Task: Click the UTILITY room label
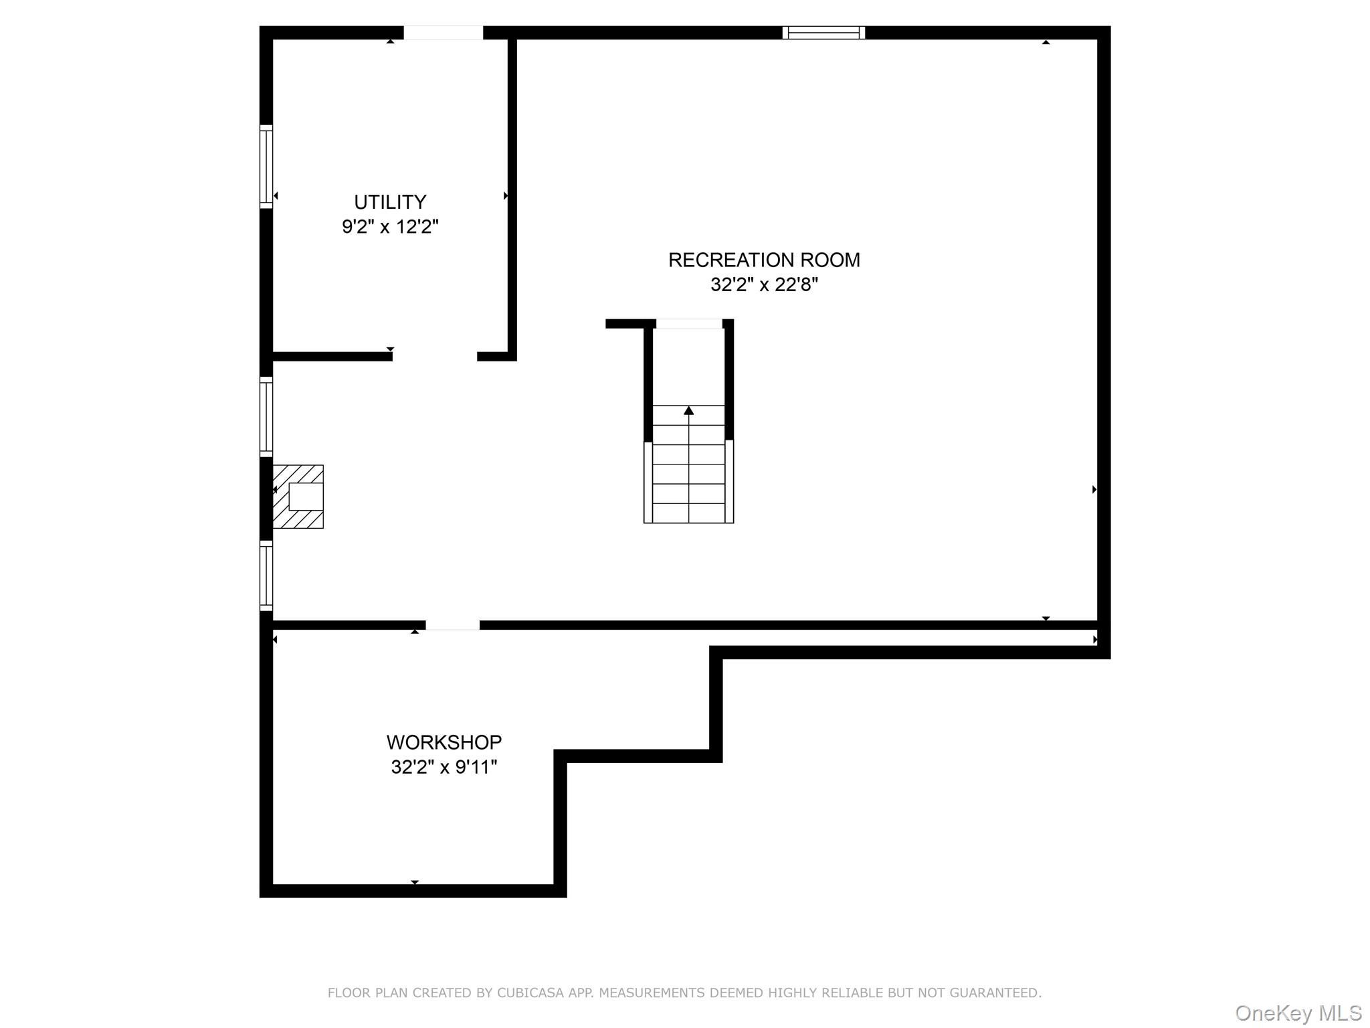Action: coord(390,201)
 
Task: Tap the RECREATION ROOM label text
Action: coord(764,260)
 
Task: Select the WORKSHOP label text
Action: coord(444,742)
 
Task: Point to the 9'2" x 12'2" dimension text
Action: coord(390,226)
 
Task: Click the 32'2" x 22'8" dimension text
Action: coord(764,284)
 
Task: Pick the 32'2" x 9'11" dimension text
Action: coord(444,766)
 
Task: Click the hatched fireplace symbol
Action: coord(298,497)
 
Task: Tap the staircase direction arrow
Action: coord(689,410)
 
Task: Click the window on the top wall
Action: coord(823,33)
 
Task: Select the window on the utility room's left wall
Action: coord(266,166)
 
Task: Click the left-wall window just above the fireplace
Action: coord(266,417)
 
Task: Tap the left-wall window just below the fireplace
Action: coord(266,576)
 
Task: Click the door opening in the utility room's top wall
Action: coord(444,33)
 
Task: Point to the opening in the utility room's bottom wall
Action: coord(435,356)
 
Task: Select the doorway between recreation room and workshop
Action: coord(453,625)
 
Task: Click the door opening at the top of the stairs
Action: coord(689,324)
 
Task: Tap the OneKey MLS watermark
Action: coord(1298,1013)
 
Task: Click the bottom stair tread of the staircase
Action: coord(689,513)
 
